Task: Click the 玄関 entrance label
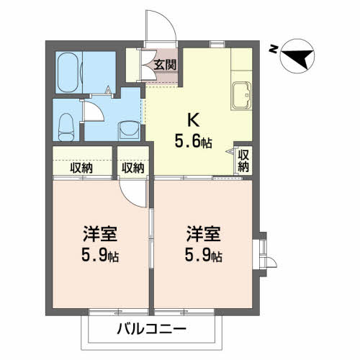tap(165, 65)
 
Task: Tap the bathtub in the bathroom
tap(68, 73)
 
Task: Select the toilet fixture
tap(66, 127)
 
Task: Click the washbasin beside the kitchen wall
tap(129, 131)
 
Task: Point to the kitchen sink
tap(241, 96)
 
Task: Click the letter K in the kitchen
tap(194, 120)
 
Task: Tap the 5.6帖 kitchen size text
tap(193, 141)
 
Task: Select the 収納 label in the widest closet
tap(81, 168)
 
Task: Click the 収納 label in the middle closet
tap(132, 168)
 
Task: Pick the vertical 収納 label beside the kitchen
tap(243, 161)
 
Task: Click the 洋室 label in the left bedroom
tap(100, 233)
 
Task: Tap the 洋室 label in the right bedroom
tap(204, 233)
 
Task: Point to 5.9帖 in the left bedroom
tap(100, 255)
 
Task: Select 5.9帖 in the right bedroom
tap(204, 255)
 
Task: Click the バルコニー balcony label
tap(152, 328)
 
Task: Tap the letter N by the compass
tap(272, 50)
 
